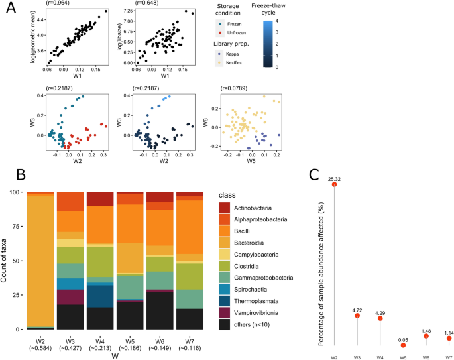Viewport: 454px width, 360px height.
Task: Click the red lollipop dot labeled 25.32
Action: pos(335,184)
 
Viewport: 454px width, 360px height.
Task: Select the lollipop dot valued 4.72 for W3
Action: pos(358,315)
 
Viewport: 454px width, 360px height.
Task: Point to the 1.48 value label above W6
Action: pos(427,330)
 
